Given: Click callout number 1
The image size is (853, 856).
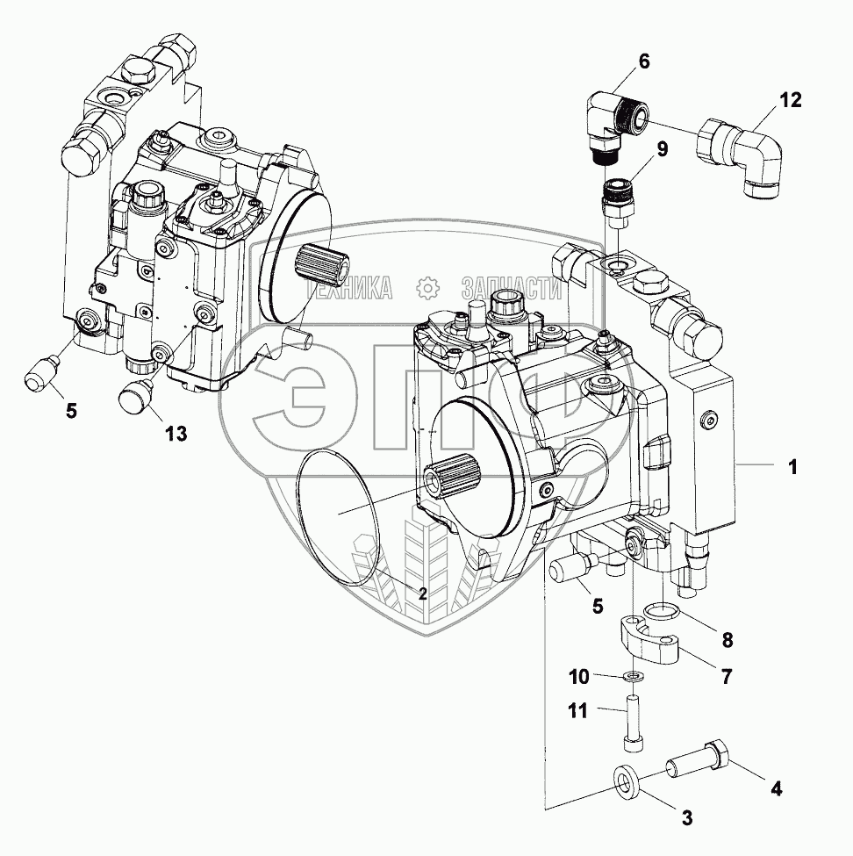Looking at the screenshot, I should tap(792, 468).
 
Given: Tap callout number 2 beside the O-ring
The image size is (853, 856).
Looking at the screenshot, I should tap(422, 593).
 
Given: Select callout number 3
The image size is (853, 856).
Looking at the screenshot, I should tap(687, 818).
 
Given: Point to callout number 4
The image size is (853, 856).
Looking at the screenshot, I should tap(775, 787).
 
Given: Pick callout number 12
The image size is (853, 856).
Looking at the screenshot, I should tap(790, 101).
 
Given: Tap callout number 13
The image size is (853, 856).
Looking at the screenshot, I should tap(177, 434).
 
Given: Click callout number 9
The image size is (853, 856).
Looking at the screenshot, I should tap(662, 148).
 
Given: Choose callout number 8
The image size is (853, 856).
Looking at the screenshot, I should tap(727, 640).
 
